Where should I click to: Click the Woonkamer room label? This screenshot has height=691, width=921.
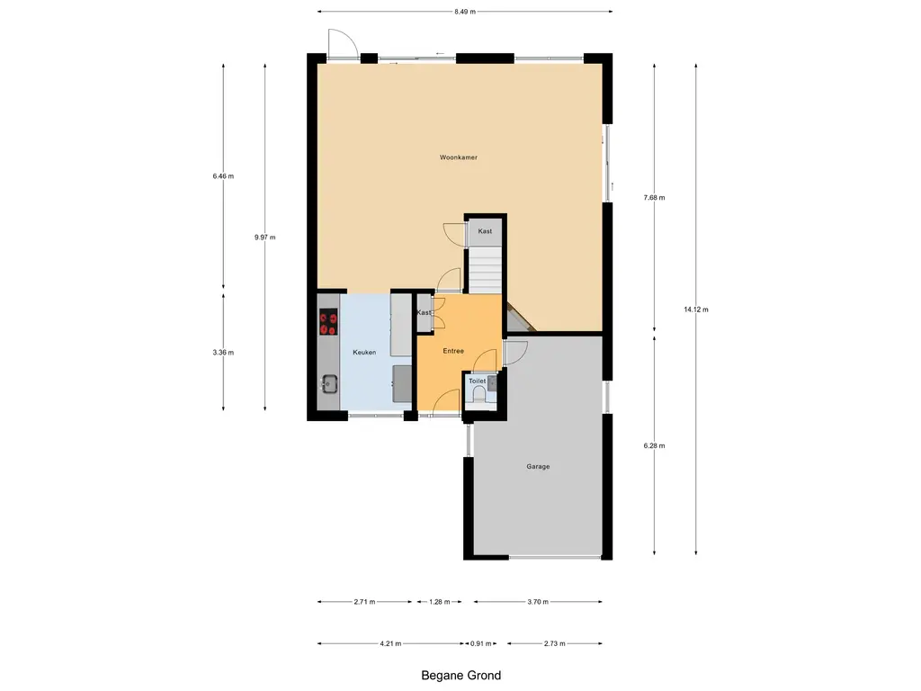click(458, 157)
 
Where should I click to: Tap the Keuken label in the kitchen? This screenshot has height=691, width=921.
click(364, 352)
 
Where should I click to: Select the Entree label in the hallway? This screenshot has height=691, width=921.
click(453, 351)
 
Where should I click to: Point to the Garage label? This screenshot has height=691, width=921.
click(538, 466)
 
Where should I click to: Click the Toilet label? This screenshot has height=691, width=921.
click(477, 381)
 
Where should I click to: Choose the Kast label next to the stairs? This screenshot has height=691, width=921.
click(485, 231)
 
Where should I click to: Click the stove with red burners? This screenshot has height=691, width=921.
click(328, 322)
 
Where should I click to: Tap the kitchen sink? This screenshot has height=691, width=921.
click(328, 385)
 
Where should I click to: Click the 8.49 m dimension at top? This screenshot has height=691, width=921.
click(465, 12)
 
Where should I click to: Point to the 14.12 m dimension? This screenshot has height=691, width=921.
click(695, 310)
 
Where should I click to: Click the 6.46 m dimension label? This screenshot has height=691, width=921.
click(223, 176)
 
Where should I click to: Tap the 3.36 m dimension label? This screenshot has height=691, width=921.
click(223, 352)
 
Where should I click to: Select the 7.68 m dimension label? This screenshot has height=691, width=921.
click(654, 198)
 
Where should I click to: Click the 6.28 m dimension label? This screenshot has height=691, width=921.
click(654, 445)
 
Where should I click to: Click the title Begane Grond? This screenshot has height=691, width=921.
click(460, 675)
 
